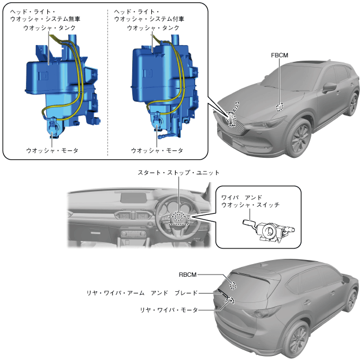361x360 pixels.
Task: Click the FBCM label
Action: pyautogui.click(x=279, y=55)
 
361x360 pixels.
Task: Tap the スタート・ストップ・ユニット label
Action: pyautogui.click(x=178, y=173)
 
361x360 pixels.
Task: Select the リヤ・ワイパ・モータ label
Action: pyautogui.click(x=169, y=310)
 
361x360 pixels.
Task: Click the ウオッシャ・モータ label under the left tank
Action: pyautogui.click(x=52, y=150)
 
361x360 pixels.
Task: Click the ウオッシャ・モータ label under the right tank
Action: pyautogui.click(x=157, y=150)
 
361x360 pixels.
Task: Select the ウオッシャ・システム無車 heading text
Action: pyautogui.click(x=46, y=19)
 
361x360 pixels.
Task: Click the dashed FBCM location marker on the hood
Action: pyautogui.click(x=279, y=106)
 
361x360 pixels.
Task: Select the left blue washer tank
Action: pyautogui.click(x=55, y=81)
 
